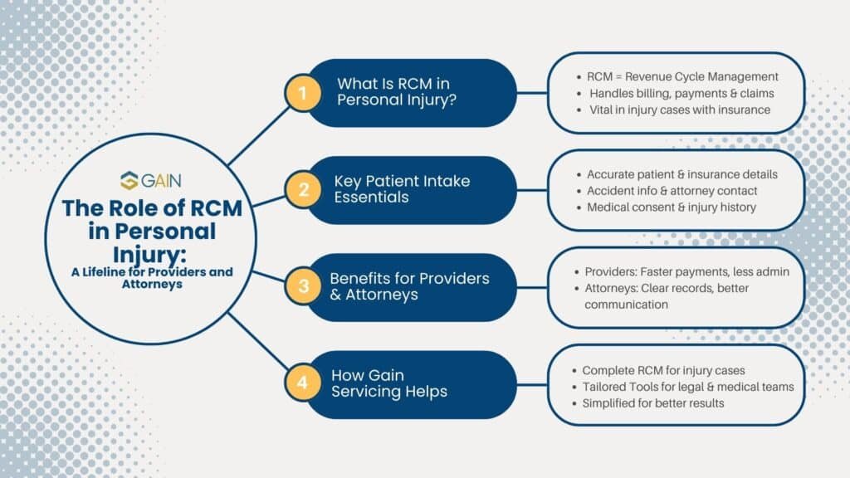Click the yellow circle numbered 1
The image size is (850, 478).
click(302, 93)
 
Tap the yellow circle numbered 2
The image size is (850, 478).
click(302, 190)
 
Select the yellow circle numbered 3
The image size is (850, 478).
click(302, 287)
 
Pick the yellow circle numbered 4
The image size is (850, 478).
click(302, 383)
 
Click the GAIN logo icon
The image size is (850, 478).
click(129, 181)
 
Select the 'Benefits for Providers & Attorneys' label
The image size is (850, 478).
click(409, 287)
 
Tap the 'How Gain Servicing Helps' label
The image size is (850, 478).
click(388, 383)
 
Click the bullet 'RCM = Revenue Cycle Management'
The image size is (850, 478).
click(681, 76)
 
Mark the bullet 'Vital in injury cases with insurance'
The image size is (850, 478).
click(680, 110)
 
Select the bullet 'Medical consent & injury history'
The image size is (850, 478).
click(671, 207)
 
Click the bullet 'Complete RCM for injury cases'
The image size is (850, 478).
click(663, 369)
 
